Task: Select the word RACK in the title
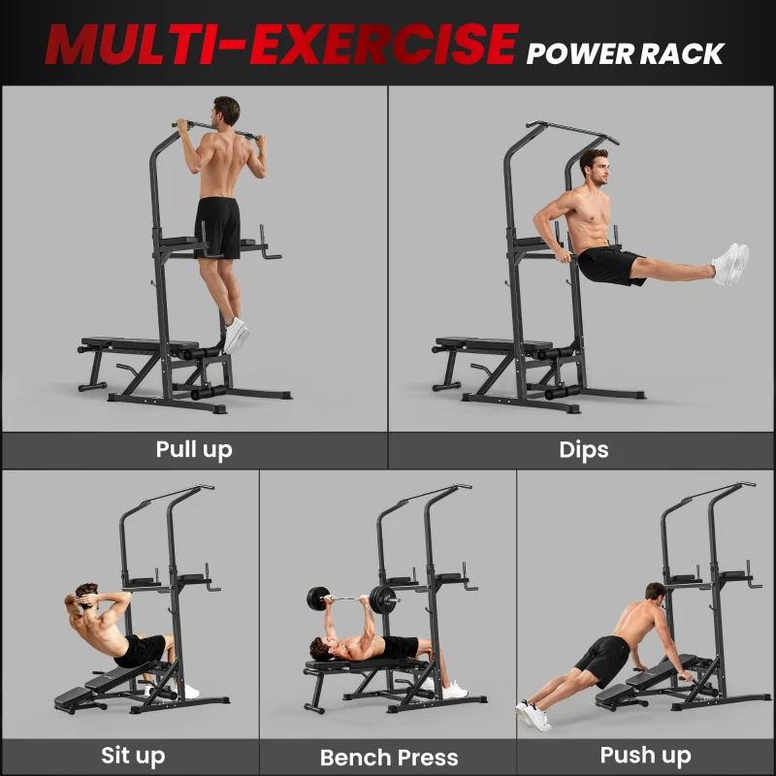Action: coord(686,53)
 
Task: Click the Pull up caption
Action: coord(194,450)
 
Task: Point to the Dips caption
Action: coord(584,450)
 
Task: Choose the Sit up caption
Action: coord(133,756)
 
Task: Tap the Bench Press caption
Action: coord(389,758)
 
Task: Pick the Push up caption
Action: coord(646,755)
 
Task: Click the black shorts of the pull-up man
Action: coord(218,227)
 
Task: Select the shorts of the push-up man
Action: coord(600,659)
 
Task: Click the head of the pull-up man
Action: coord(226,110)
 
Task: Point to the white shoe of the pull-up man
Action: coord(236,335)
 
